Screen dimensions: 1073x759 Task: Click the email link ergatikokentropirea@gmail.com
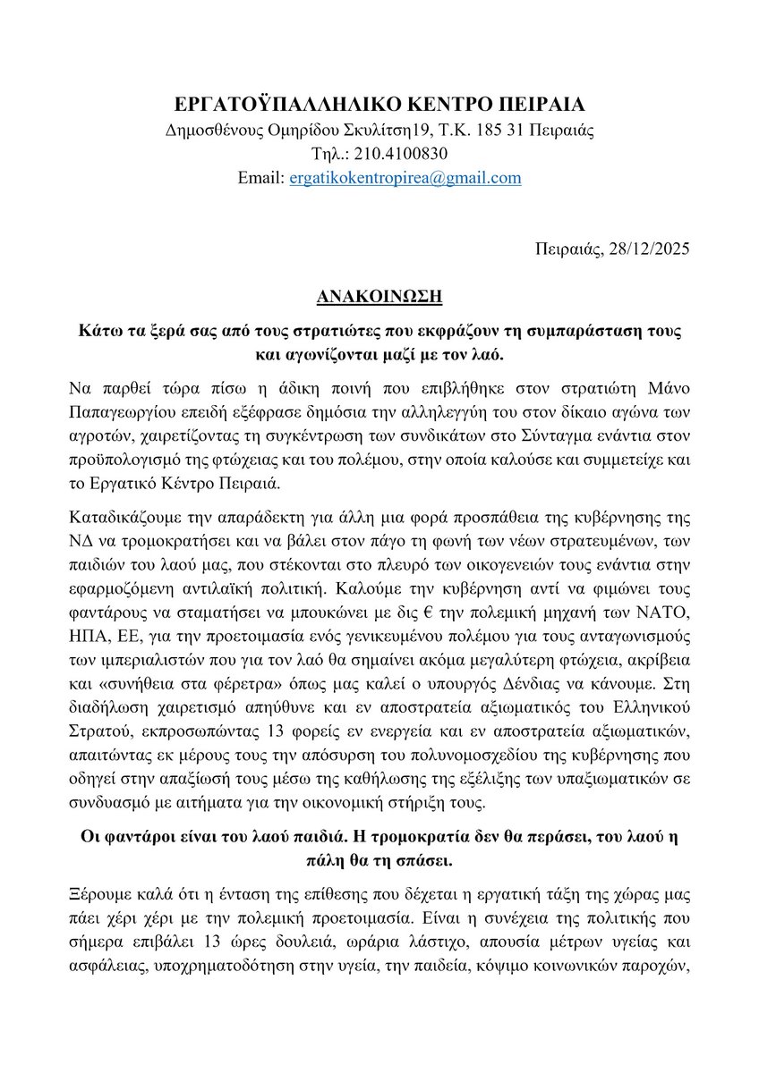click(x=405, y=178)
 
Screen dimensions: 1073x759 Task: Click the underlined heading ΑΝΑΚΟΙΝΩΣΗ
click(x=379, y=294)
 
